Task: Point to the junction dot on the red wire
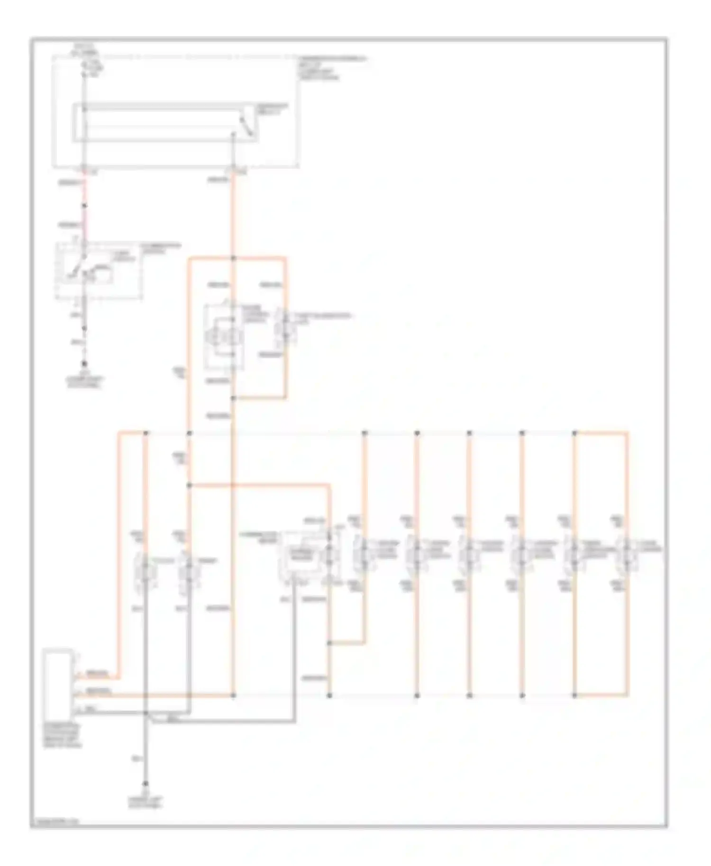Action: point(85,206)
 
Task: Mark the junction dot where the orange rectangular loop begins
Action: point(233,258)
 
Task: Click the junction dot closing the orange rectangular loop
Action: point(233,398)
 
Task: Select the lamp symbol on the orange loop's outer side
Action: point(285,327)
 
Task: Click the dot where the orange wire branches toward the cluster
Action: point(189,485)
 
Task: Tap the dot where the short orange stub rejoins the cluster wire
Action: point(329,643)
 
